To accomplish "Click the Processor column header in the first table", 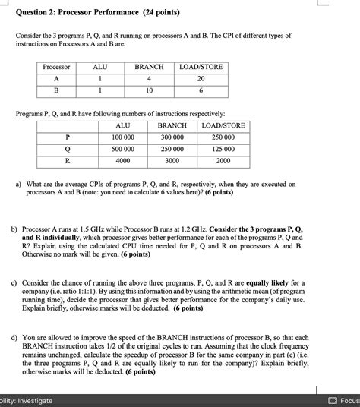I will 55,67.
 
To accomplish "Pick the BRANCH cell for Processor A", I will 149,78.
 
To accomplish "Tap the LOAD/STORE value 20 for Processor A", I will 201,78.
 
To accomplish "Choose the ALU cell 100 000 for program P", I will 122,137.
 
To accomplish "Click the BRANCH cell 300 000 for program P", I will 172,137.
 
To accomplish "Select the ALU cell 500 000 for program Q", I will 122,149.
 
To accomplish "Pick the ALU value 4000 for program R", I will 122,161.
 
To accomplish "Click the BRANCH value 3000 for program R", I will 172,161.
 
